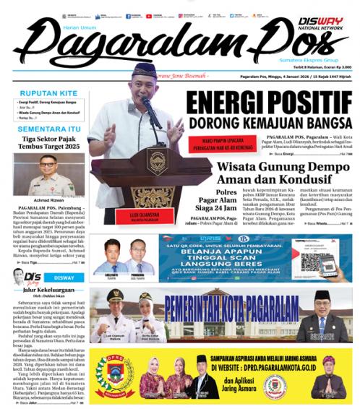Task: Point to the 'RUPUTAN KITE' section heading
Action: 46,93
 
